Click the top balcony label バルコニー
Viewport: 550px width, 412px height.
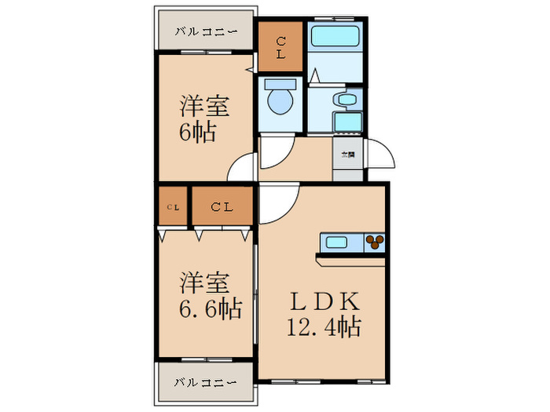(x=205, y=32)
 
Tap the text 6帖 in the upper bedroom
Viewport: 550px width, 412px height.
(x=199, y=130)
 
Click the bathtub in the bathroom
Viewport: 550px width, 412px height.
(x=334, y=36)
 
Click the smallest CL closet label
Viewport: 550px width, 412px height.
(x=172, y=207)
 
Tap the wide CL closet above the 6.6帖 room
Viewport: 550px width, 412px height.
(x=222, y=207)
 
